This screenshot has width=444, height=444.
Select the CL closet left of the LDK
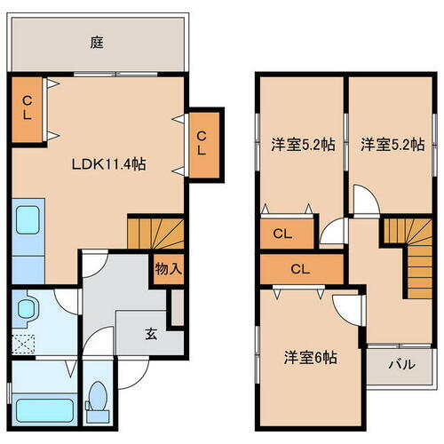click(x=28, y=107)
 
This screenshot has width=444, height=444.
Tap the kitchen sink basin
click(x=29, y=219)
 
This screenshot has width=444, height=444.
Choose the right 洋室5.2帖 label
click(x=391, y=145)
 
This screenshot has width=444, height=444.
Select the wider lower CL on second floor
click(x=299, y=268)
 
